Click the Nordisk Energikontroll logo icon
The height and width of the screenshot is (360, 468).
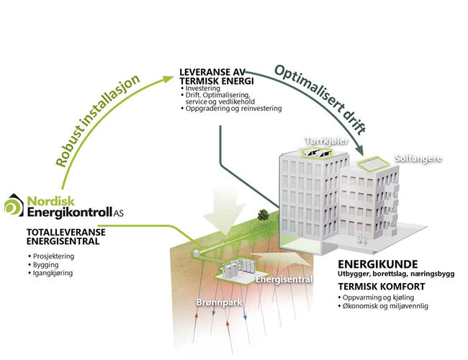tap(14, 205)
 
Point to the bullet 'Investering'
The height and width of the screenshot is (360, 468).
tap(201, 89)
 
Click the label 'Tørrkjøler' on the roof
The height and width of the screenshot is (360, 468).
tap(336, 143)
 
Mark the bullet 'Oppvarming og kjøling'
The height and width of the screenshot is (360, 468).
tap(382, 297)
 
